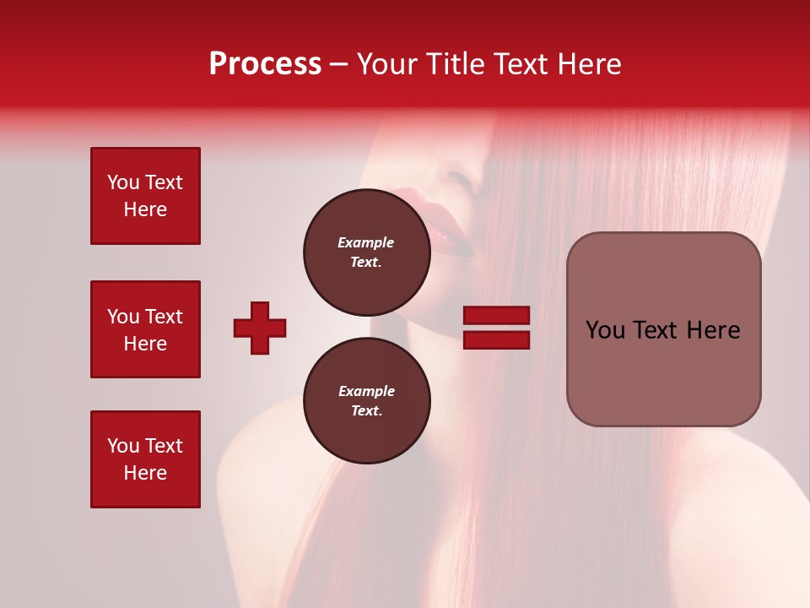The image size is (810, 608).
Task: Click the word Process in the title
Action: (265, 64)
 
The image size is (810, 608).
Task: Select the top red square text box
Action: (145, 196)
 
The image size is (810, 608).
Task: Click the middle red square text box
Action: (145, 329)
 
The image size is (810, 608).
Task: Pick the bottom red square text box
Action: (145, 459)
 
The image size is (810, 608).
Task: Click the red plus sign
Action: (260, 328)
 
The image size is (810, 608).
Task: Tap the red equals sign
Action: (496, 328)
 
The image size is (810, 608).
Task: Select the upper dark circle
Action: (366, 252)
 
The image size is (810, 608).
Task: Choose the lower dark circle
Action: (366, 400)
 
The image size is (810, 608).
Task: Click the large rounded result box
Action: (663, 329)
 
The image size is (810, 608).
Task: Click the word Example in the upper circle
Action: (366, 242)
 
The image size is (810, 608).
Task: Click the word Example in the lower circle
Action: (366, 391)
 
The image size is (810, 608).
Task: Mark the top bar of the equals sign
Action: (496, 316)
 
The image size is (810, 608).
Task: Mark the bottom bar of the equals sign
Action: (496, 339)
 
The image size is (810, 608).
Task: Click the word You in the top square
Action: (123, 182)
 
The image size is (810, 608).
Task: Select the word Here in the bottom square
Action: (145, 473)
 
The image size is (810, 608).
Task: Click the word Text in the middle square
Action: (164, 317)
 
